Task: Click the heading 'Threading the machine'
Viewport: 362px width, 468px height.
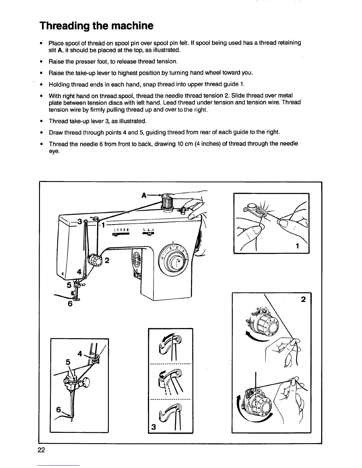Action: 96,26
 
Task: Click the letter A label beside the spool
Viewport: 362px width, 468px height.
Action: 144,195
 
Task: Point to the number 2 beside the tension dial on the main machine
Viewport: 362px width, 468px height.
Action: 107,260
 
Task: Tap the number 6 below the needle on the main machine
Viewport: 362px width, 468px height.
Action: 70,304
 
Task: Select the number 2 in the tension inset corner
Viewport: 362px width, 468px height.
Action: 303,299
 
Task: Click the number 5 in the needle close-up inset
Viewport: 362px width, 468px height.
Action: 68,362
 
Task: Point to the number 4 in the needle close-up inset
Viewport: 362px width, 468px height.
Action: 80,353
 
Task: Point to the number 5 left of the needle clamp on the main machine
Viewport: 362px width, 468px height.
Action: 69,285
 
